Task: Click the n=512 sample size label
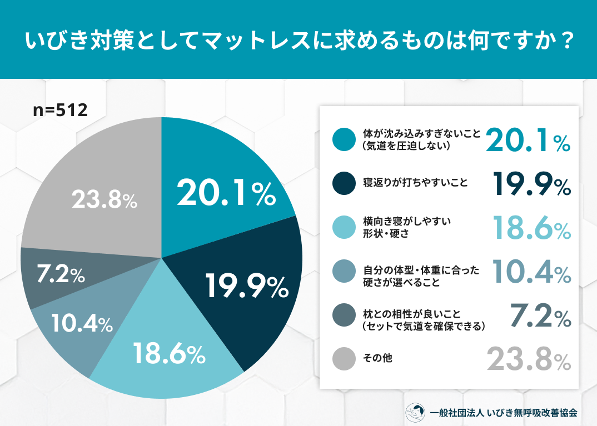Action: pos(61,111)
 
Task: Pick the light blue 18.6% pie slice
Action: pos(167,354)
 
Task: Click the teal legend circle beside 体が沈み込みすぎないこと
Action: pos(344,139)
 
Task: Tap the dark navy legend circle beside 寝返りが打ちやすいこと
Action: pos(344,183)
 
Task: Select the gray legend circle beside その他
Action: pos(344,358)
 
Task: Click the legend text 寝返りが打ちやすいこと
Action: pos(415,183)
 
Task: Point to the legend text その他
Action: pos(377,358)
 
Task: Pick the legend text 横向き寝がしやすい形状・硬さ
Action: pos(407,228)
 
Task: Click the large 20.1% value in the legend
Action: pos(528,140)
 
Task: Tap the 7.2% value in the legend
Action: pos(541,315)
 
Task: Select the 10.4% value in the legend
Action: pos(531,272)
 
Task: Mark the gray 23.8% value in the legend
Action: pos(529,359)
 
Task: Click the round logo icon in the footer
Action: pos(415,412)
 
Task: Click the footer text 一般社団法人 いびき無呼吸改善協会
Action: pos(504,413)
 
